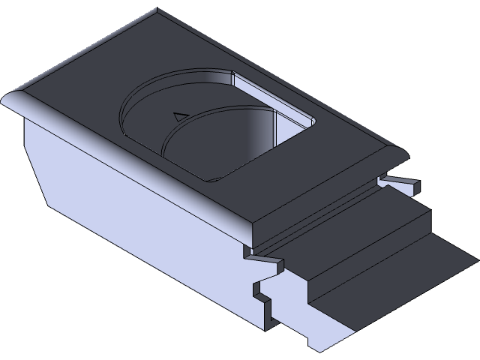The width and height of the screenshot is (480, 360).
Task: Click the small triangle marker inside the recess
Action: pyautogui.click(x=178, y=116)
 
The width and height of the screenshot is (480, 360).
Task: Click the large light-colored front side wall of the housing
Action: pyautogui.click(x=150, y=225)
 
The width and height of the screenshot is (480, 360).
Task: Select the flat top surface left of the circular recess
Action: pyautogui.click(x=90, y=82)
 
